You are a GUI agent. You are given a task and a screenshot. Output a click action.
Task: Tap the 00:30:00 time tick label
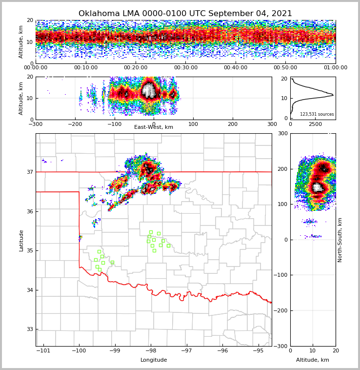click(186, 68)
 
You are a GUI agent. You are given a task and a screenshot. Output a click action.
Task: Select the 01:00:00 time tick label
click(335, 68)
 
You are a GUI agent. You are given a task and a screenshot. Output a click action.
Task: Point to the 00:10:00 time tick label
click(85, 68)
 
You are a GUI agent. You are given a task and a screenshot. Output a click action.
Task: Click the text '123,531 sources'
click(317, 114)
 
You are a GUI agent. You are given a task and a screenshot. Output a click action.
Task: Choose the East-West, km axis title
click(154, 127)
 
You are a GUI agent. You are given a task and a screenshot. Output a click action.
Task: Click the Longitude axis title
click(154, 360)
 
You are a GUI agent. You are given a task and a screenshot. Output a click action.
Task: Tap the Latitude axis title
click(21, 240)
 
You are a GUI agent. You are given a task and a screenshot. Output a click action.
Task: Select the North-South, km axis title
click(340, 240)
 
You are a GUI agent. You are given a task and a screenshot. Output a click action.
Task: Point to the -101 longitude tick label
click(44, 350)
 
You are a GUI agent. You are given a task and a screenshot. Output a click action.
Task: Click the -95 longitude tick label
click(258, 350)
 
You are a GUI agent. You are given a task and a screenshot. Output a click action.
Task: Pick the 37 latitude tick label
click(30, 172)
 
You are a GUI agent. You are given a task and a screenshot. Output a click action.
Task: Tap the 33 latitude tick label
click(30, 329)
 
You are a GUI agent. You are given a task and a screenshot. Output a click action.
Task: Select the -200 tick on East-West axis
click(75, 124)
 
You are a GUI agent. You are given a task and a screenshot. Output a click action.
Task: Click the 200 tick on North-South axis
click(282, 169)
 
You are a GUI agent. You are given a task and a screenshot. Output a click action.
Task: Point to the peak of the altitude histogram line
click(333, 95)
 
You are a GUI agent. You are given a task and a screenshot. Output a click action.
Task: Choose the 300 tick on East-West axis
click(272, 124)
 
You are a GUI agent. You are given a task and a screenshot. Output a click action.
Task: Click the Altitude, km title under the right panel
click(313, 360)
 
